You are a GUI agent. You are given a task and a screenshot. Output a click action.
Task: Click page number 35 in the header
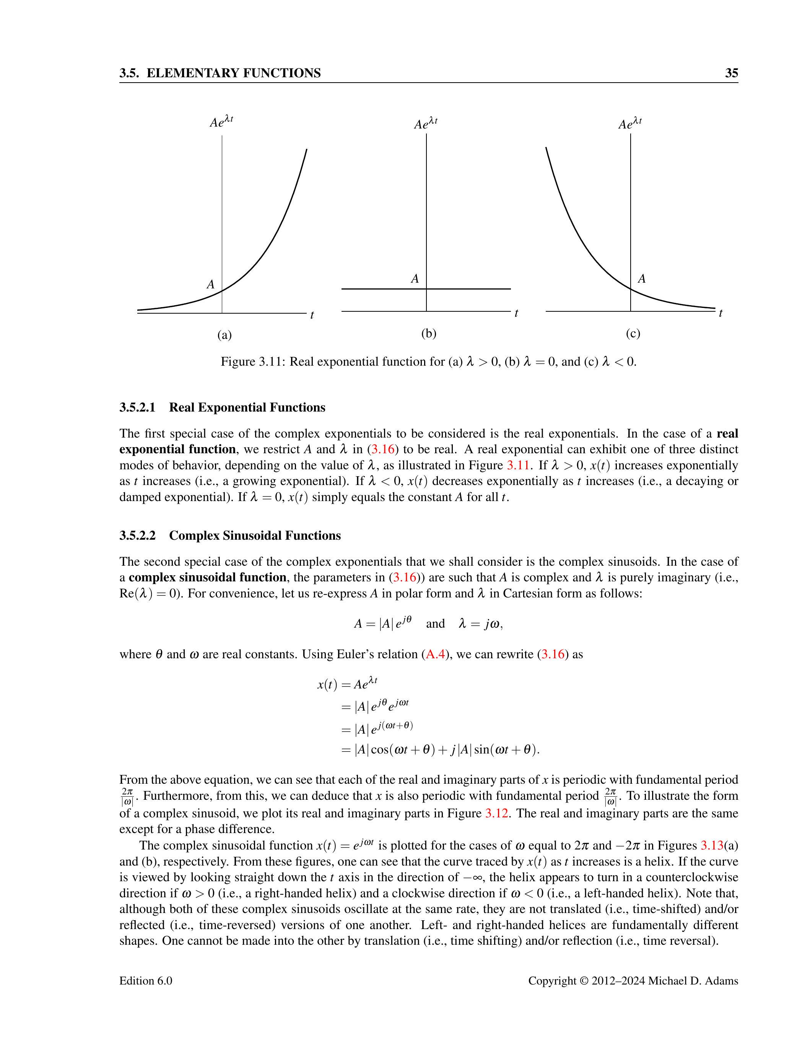coord(731,73)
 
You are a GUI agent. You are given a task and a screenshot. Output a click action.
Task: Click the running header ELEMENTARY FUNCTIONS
coord(233,73)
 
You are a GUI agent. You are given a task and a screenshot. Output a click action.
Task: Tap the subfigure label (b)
coord(428,333)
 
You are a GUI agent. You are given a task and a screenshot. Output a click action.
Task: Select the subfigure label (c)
coord(633,333)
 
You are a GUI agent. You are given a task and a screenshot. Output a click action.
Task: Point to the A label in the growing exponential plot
coord(210,285)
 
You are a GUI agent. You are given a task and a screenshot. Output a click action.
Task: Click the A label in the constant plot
coord(415,279)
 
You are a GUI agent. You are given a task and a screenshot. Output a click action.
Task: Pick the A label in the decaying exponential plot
coord(642,279)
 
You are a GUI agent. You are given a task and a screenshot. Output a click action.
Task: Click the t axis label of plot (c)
coord(721,313)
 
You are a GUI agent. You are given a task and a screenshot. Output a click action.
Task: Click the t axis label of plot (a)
coord(312,315)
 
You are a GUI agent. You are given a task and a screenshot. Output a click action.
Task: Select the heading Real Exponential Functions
coord(247,407)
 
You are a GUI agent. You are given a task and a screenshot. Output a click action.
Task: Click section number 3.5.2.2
coord(138,535)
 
